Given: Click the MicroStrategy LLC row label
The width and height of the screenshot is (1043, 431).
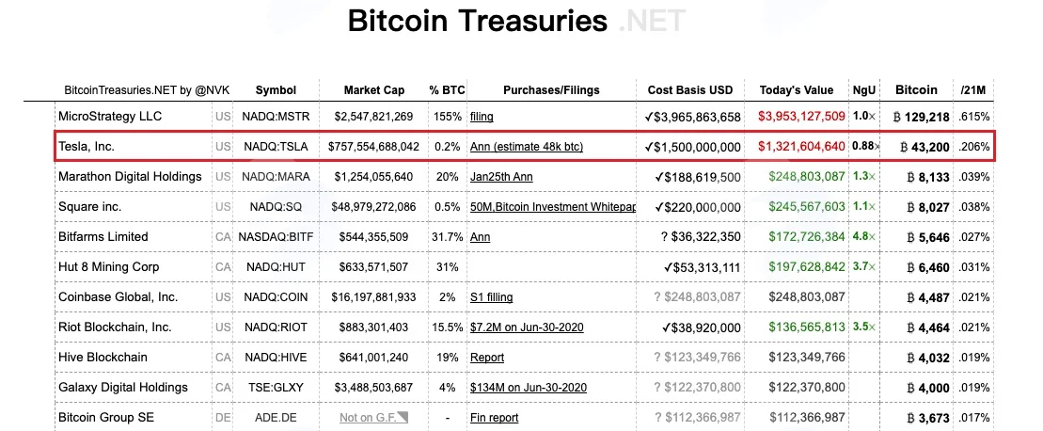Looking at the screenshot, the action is (110, 117).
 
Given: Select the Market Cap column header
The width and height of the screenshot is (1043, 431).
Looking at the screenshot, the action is (374, 90).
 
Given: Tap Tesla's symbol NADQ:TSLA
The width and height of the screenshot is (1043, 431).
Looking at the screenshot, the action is (277, 146).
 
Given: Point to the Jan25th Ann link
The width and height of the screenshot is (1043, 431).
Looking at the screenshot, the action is (501, 177).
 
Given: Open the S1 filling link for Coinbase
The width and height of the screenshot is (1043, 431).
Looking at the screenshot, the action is (492, 297).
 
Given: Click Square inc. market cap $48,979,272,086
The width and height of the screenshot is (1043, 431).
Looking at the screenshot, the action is (373, 207).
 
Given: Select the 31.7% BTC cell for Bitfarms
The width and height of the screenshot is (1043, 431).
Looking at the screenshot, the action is (447, 237).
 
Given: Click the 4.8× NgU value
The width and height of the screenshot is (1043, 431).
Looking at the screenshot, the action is (864, 237).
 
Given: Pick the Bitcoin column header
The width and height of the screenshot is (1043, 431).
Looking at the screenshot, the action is (916, 89).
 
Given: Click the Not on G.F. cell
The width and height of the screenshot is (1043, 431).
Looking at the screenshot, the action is (373, 418).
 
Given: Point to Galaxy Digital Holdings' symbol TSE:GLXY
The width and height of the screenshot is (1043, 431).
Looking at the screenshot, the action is (277, 387).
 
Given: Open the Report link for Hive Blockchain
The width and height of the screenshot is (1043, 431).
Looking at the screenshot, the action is (487, 358).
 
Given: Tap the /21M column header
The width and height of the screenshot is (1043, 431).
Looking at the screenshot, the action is (973, 90).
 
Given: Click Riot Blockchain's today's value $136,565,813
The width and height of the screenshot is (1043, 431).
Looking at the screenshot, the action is (807, 327).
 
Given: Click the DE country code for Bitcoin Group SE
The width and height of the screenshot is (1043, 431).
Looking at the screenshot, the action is (223, 418).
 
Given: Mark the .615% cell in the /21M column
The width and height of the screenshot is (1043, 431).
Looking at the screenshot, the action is (974, 117).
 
